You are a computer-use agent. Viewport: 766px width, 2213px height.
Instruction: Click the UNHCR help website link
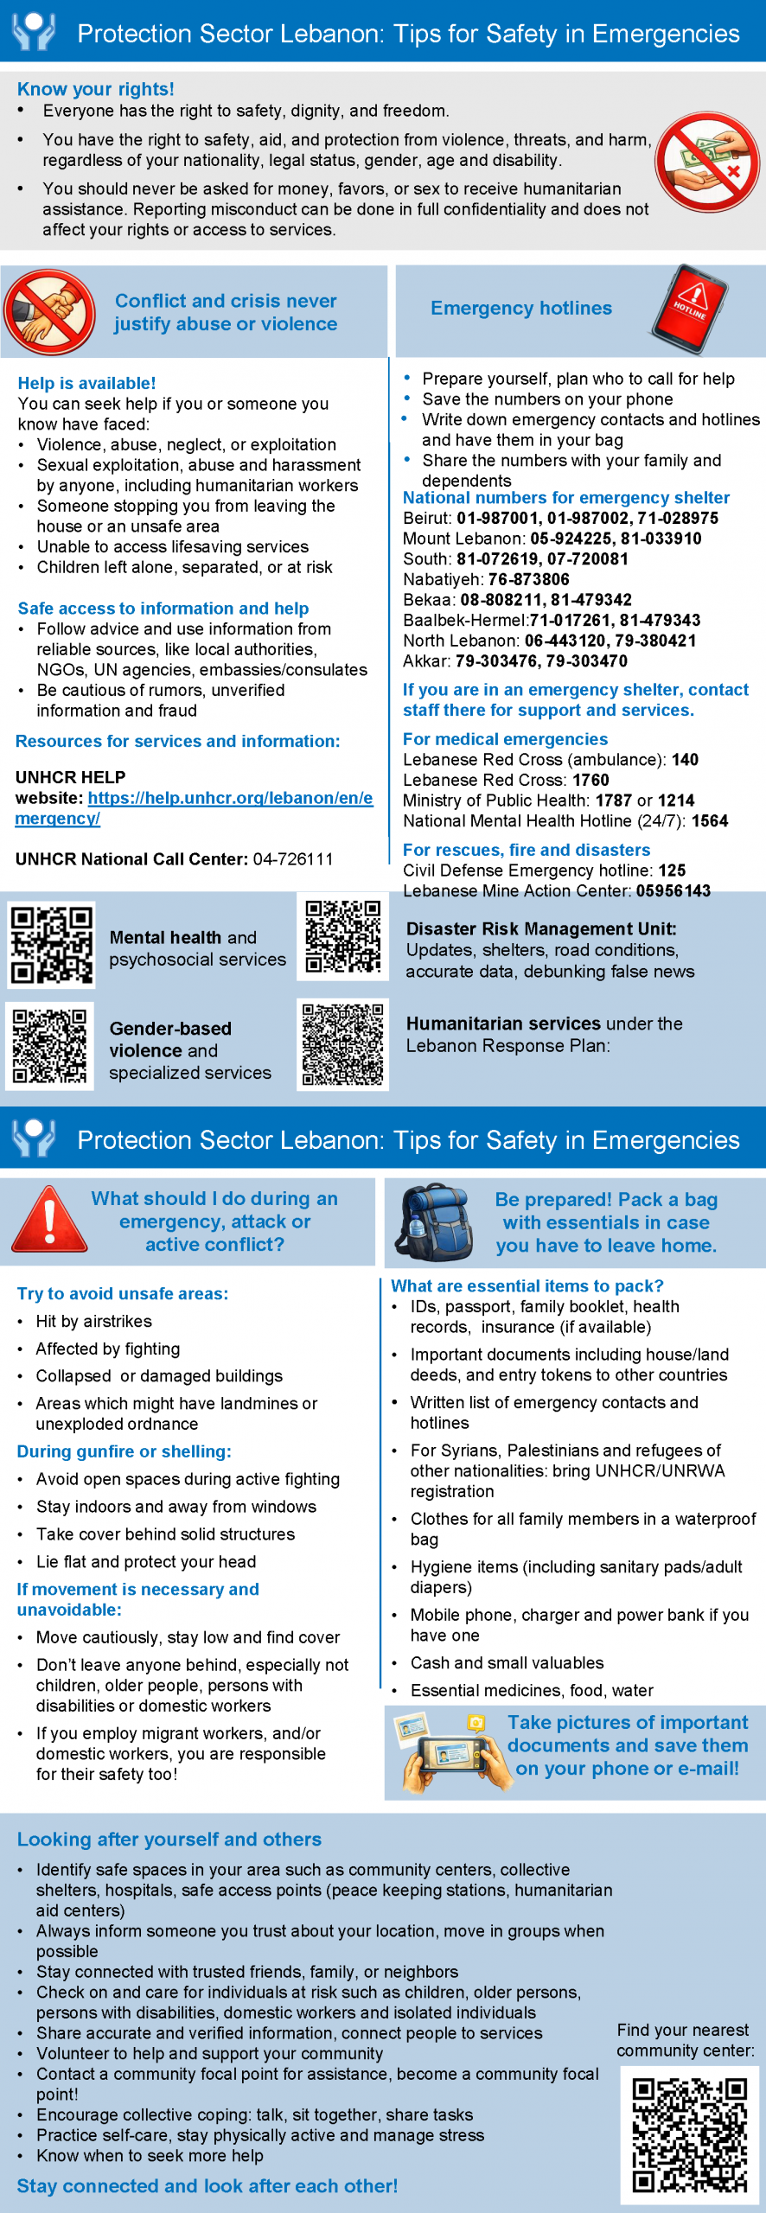[x=195, y=807]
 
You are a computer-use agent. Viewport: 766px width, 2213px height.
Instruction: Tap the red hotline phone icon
[x=691, y=309]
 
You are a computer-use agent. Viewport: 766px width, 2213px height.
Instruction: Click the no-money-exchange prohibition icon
[x=707, y=162]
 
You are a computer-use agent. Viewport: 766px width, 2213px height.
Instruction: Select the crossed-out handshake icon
[x=49, y=311]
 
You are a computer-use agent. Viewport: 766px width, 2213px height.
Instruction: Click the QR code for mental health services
[x=51, y=944]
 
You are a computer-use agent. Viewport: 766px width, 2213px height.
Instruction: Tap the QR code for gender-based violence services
[x=49, y=1045]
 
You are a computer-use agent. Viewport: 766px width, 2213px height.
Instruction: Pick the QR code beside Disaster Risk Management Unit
[x=342, y=936]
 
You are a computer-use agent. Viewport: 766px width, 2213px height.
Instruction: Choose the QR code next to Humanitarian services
[x=342, y=1044]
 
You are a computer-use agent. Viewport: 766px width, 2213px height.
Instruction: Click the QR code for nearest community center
[x=689, y=2134]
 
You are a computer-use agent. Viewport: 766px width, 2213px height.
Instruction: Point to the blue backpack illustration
[x=432, y=1222]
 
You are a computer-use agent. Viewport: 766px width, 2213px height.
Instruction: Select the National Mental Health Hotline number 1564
[x=710, y=821]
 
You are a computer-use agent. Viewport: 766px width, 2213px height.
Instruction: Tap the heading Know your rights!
[x=96, y=89]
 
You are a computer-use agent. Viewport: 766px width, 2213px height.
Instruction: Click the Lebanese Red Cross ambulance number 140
[x=685, y=760]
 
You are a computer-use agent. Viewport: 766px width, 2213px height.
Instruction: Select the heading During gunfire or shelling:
[x=124, y=1451]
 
